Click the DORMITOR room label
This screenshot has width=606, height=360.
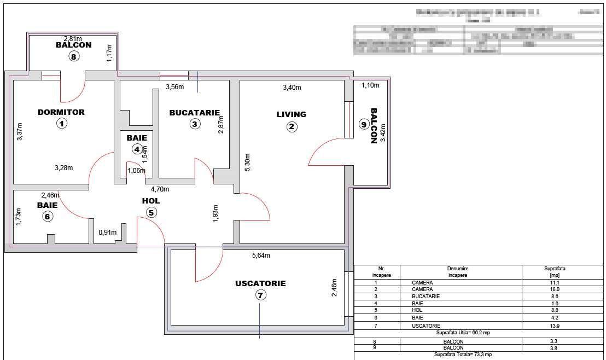[61, 112]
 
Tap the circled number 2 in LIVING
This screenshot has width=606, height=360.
[292, 127]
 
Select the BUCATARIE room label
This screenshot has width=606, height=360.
[195, 113]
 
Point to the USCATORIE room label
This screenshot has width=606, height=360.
[260, 283]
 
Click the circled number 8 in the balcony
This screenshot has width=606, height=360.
[73, 56]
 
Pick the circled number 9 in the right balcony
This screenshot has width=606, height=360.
[364, 124]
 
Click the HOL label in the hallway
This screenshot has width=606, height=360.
[151, 201]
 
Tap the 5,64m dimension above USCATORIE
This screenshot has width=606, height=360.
[260, 255]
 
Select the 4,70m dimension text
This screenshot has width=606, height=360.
[160, 189]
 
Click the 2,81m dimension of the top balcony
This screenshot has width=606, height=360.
[73, 38]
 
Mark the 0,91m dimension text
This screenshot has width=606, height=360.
[107, 233]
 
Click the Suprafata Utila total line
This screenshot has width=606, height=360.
[463, 333]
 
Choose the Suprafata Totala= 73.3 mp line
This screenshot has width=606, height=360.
[463, 355]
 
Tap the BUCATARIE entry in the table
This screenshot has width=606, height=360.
[426, 297]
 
